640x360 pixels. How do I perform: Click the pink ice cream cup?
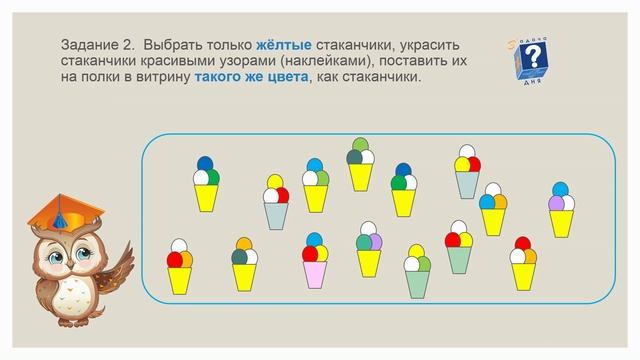(x=316, y=275)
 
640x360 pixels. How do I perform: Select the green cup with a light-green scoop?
(x=467, y=183)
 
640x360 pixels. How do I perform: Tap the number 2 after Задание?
(x=132, y=46)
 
